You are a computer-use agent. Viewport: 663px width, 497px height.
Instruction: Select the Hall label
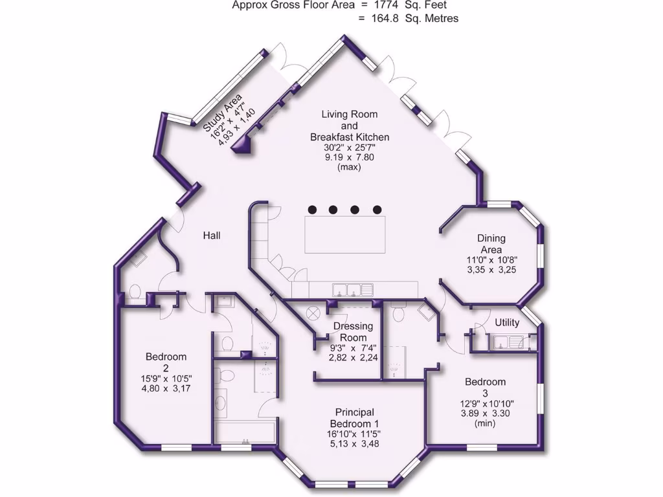tap(212, 236)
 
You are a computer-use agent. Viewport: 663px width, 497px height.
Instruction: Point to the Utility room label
tap(506, 322)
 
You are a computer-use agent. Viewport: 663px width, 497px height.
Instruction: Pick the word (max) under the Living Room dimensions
tap(349, 167)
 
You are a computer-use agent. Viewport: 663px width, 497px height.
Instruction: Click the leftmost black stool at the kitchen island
tap(312, 209)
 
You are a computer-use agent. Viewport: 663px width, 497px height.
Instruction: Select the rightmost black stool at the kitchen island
tap(377, 209)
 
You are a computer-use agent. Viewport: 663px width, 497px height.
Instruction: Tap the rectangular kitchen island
tap(345, 235)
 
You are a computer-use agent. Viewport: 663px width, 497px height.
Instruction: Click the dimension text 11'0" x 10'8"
tap(492, 260)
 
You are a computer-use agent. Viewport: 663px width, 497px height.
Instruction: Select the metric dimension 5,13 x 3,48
tap(354, 445)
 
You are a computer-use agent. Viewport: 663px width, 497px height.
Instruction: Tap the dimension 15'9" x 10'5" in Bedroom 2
tap(166, 378)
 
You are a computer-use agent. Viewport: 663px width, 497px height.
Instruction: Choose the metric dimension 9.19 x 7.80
tap(349, 157)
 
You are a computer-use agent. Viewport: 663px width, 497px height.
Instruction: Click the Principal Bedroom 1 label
tap(354, 417)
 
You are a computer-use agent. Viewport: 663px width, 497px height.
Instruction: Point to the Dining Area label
tap(491, 244)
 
